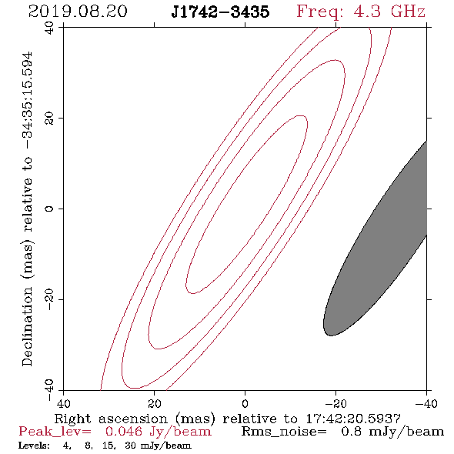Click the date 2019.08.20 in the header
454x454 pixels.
pyautogui.click(x=78, y=12)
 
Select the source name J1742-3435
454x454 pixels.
pyautogui.click(x=220, y=12)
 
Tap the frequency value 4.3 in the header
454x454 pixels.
pyautogui.click(x=367, y=12)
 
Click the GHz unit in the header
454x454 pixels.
pyautogui.click(x=408, y=12)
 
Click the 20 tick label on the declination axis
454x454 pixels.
pyautogui.click(x=49, y=119)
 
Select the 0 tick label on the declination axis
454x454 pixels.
pyautogui.click(x=49, y=209)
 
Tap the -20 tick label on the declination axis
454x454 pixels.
pyautogui.click(x=49, y=299)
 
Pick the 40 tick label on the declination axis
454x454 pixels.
pyautogui.click(x=49, y=28)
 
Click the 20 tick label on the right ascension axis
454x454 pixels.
pyautogui.click(x=155, y=403)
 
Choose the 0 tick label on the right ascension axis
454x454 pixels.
pyautogui.click(x=245, y=403)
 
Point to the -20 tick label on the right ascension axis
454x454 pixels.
pyautogui.click(x=335, y=403)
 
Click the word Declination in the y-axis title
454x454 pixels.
pyautogui.click(x=27, y=326)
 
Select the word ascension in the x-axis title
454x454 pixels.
pyautogui.click(x=133, y=419)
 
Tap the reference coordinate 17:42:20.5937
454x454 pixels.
pyautogui.click(x=353, y=419)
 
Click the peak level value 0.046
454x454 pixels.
pyautogui.click(x=124, y=432)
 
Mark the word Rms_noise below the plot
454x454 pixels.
pyautogui.click(x=284, y=432)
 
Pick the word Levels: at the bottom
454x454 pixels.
pyautogui.click(x=34, y=446)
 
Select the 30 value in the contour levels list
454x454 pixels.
pyautogui.click(x=130, y=446)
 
